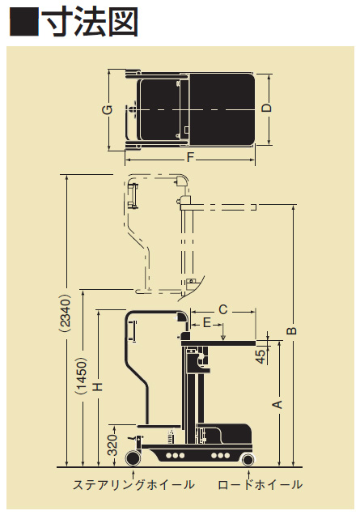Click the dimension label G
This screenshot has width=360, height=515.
click(x=108, y=109)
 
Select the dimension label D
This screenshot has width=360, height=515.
click(x=267, y=108)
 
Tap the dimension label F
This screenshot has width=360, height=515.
click(x=190, y=158)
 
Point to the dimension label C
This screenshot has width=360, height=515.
click(x=222, y=309)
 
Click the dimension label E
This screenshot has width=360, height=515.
click(x=207, y=323)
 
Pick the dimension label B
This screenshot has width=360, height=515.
click(x=291, y=330)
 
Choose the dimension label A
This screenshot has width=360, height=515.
click(x=278, y=404)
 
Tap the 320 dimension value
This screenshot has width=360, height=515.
click(x=112, y=445)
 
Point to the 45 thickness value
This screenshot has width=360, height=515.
click(x=260, y=356)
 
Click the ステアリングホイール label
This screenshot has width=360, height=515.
click(x=133, y=484)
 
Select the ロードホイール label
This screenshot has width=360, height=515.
click(x=260, y=484)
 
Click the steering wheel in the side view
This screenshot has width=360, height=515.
click(x=133, y=458)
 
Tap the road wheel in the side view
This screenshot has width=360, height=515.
click(x=248, y=459)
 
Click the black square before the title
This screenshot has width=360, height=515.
click(x=24, y=22)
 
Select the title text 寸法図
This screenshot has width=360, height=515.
click(x=91, y=22)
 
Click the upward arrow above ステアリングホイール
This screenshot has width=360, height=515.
click(x=133, y=475)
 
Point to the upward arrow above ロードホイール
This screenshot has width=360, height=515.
click(x=249, y=475)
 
